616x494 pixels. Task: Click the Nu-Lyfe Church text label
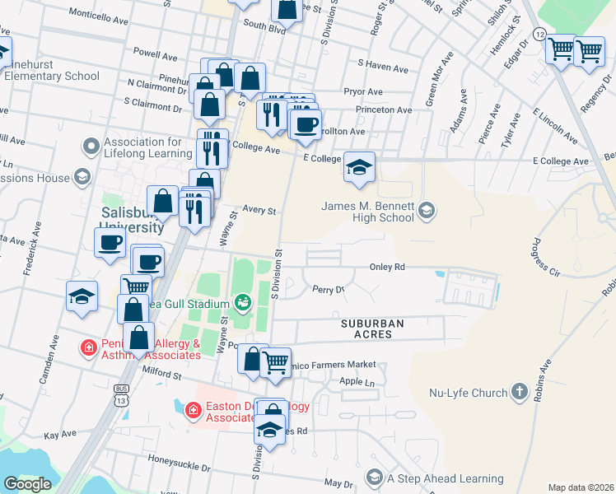(x=465, y=392)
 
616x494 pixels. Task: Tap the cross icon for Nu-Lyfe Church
(x=519, y=392)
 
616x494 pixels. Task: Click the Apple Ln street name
(x=357, y=382)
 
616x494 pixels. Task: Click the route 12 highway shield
(x=539, y=34)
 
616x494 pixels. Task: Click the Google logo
(x=27, y=484)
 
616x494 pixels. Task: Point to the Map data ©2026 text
(x=581, y=487)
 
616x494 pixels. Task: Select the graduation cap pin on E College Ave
(x=358, y=167)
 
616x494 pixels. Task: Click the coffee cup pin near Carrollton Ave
(x=306, y=124)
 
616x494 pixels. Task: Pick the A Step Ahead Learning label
(x=446, y=479)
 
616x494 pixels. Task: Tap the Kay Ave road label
(x=60, y=434)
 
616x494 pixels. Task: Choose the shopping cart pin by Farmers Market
(x=275, y=361)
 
